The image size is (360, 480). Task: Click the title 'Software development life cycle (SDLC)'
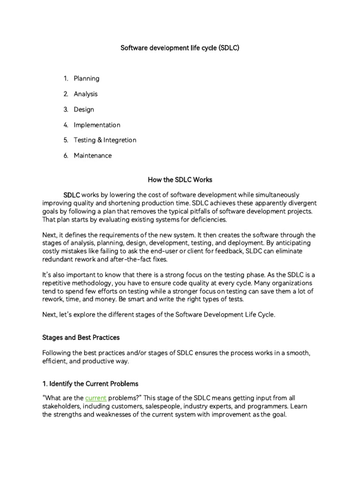180,48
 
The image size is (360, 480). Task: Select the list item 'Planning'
86,79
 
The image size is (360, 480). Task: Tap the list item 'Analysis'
86,94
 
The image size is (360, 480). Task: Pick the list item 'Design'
84,110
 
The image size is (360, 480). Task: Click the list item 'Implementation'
97,125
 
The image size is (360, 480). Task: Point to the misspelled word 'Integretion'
120,140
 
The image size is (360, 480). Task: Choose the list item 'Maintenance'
93,156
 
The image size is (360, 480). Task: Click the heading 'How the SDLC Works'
180,179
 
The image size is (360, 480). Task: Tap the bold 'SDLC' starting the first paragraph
72,195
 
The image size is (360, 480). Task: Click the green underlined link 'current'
96,398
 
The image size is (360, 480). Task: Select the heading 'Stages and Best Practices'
81,337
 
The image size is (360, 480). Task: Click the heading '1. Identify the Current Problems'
90,383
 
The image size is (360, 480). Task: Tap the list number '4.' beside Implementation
66,125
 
